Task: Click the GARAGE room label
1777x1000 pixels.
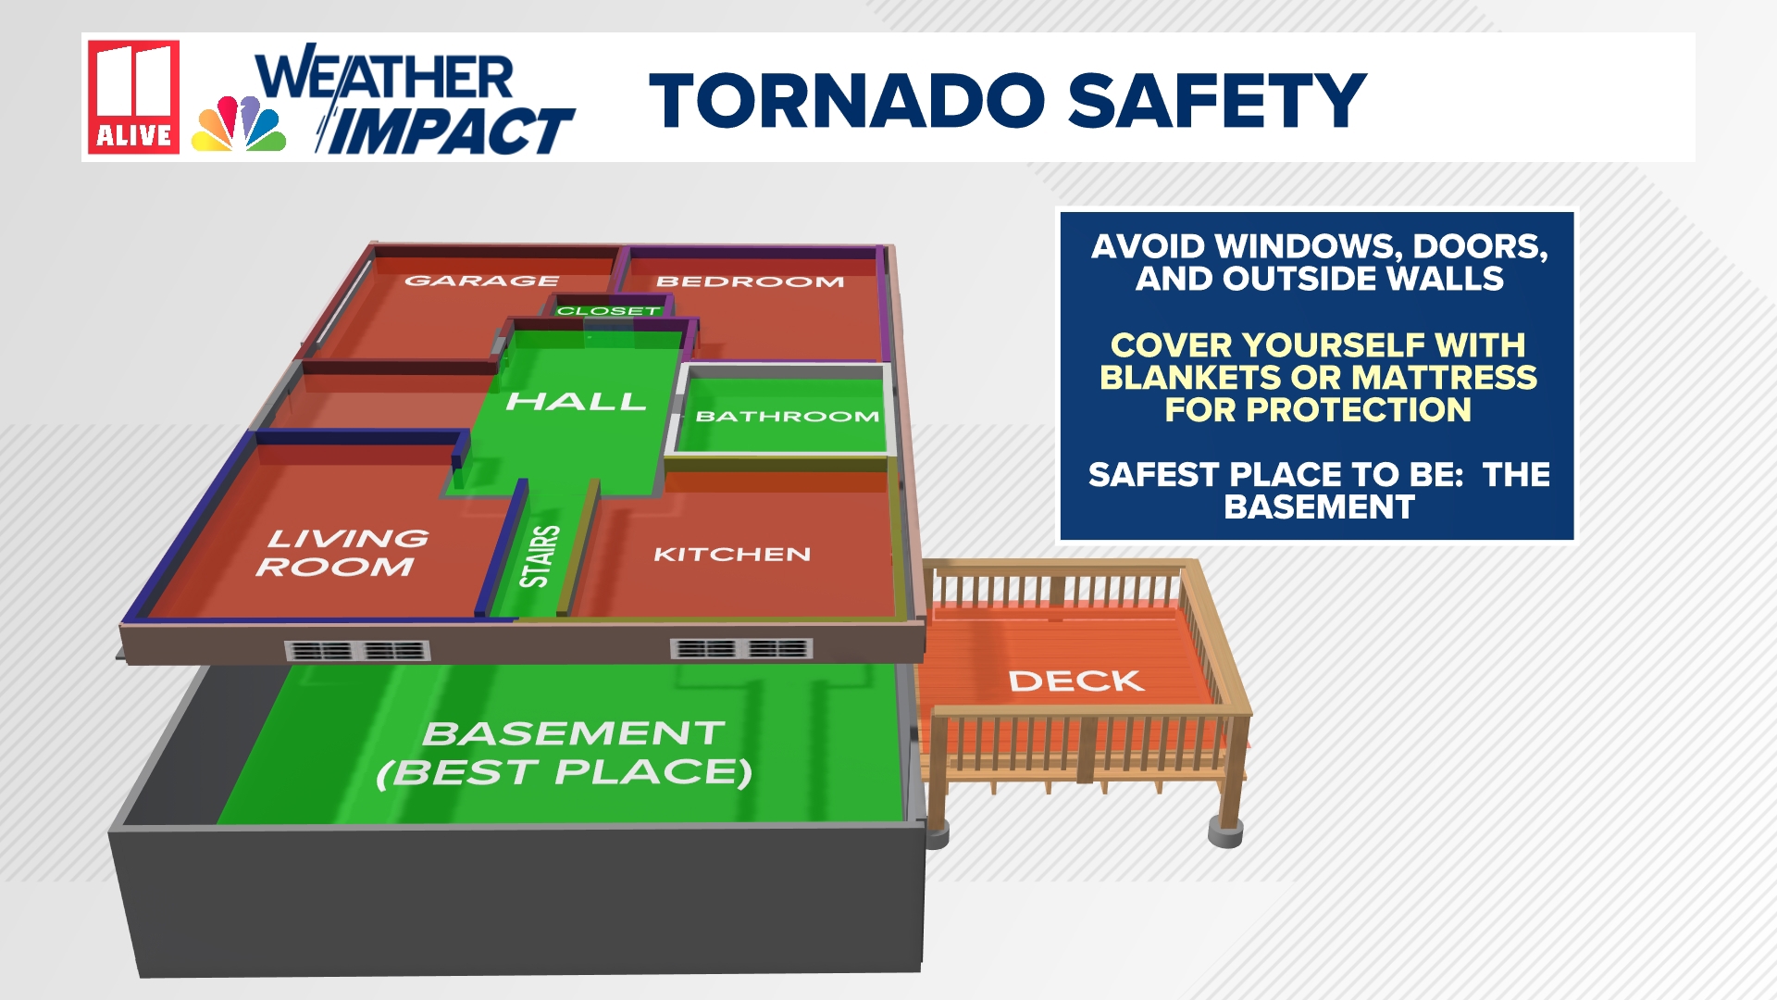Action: coord(481,281)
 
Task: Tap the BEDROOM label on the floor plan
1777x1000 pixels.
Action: coord(750,281)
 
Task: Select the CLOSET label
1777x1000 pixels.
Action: coord(608,311)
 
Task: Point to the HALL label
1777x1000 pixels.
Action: coord(576,402)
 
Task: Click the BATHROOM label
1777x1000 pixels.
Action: coord(787,417)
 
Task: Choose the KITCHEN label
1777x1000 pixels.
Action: coord(732,555)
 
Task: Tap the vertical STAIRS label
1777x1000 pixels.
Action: coord(540,556)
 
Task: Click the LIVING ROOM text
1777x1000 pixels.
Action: coord(342,553)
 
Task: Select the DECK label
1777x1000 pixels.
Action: coord(1076,681)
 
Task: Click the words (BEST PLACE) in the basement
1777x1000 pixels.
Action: coord(565,772)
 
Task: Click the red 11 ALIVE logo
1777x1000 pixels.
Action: coord(133,96)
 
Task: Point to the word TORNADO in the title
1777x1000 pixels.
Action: coord(847,101)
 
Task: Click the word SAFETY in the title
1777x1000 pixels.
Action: coord(1217,101)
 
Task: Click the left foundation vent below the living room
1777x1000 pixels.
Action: coord(357,651)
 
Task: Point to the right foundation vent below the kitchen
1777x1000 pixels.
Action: coord(741,649)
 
